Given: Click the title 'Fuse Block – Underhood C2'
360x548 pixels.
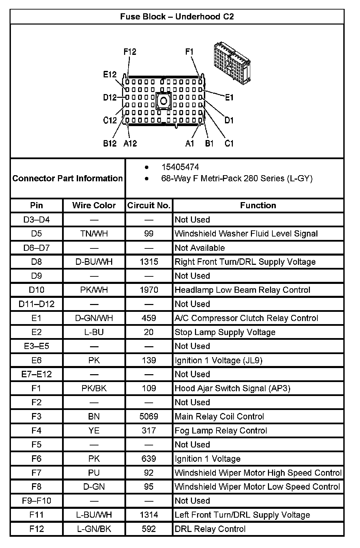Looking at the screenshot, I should click(x=177, y=17).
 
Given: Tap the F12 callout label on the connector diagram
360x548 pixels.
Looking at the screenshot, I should click(x=130, y=52).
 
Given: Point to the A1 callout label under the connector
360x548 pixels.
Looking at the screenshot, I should click(x=190, y=143).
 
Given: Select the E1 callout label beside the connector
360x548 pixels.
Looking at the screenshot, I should click(x=229, y=97).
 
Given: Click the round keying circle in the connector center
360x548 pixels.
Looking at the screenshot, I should click(x=164, y=101).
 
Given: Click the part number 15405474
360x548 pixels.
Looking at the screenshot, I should click(x=180, y=167).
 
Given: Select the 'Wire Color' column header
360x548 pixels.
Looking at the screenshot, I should click(x=94, y=205).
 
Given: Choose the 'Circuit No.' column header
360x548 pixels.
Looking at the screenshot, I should click(x=149, y=205).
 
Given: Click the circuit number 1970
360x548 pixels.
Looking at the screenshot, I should click(x=149, y=290).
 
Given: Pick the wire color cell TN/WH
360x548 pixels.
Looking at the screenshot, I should click(x=94, y=233).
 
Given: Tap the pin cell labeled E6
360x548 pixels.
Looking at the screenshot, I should click(x=36, y=360).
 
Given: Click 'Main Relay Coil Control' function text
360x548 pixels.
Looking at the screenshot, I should click(x=219, y=416).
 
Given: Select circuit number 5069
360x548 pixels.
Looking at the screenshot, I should click(x=149, y=416).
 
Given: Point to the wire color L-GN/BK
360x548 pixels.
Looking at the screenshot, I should click(x=94, y=529).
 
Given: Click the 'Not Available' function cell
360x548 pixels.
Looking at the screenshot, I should click(x=200, y=248).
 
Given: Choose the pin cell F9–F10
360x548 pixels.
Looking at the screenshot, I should click(x=36, y=501).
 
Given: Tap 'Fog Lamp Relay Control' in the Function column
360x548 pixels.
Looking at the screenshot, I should click(x=221, y=430).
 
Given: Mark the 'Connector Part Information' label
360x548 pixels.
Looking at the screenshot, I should click(x=67, y=178).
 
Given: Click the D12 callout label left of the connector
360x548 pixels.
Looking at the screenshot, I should click(x=110, y=97).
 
